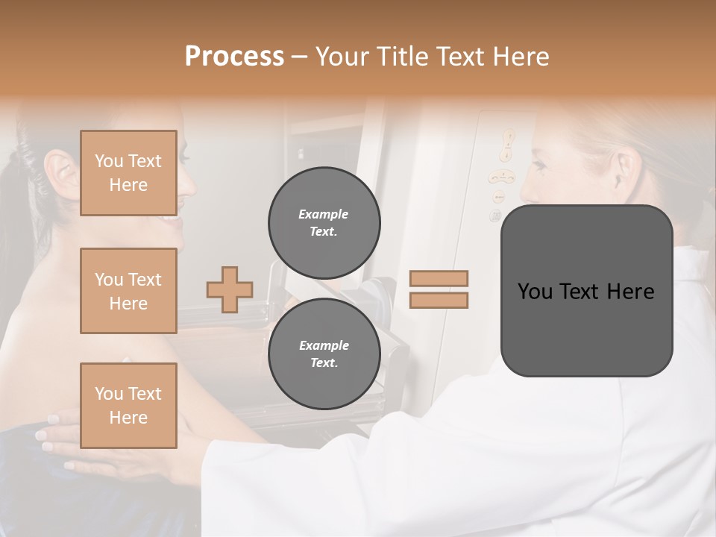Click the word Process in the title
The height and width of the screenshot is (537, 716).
click(x=234, y=57)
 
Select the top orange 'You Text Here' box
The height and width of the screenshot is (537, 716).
click(x=128, y=173)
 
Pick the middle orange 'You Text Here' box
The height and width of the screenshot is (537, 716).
click(x=128, y=291)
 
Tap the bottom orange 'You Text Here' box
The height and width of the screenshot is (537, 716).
click(x=128, y=406)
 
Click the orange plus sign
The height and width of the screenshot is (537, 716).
click(x=230, y=289)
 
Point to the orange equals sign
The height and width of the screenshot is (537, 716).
click(x=439, y=289)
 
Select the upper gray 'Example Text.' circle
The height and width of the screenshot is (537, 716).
click(x=324, y=223)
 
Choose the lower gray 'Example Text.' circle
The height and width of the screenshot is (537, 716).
click(x=324, y=354)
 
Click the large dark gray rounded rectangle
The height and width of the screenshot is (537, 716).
click(x=586, y=291)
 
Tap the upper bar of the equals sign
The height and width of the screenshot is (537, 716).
click(x=439, y=279)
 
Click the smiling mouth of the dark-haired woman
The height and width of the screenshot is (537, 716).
click(x=172, y=219)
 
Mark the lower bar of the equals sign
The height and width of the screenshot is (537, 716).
click(x=439, y=300)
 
